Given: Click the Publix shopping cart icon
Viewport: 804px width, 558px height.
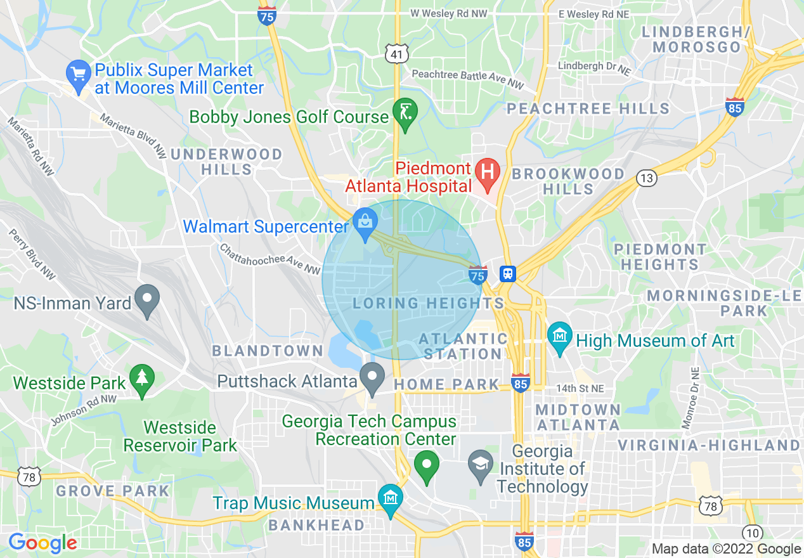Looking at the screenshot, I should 78,74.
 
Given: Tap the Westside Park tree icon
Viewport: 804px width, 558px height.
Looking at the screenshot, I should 141,379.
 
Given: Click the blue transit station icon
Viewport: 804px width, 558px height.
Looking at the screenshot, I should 507,274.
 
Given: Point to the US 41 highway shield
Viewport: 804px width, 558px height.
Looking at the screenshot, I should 396,55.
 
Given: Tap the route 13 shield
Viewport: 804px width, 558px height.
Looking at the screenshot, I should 646,178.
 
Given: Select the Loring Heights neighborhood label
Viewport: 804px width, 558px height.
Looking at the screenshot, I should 428,303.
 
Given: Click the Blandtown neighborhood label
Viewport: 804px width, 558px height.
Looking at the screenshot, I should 268,351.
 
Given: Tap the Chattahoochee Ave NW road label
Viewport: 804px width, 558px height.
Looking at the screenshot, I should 270,259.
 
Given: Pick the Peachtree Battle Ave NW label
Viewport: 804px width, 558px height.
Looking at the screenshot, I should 468,79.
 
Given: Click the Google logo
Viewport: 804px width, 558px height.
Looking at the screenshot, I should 42,543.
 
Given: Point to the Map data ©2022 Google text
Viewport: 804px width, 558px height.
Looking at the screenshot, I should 727,549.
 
